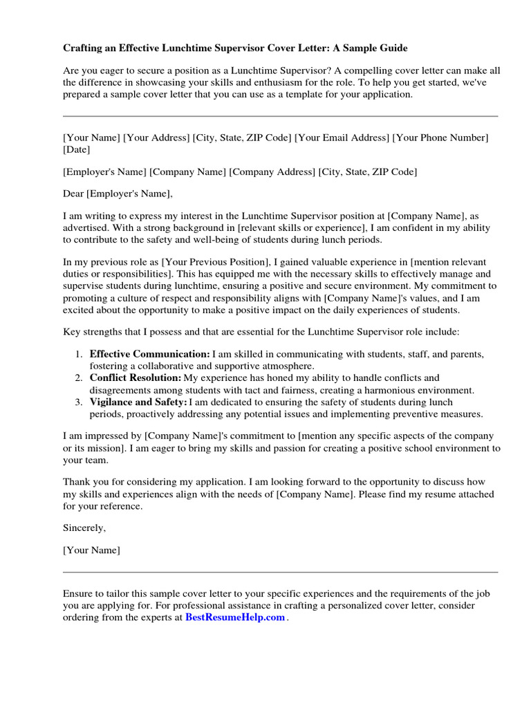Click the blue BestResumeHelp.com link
[235, 617]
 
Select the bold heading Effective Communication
[149, 354]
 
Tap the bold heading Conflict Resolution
[136, 378]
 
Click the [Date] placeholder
[76, 149]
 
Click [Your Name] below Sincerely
[91, 550]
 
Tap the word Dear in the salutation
[73, 194]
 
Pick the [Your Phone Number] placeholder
[440, 138]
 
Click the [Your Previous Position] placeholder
[215, 263]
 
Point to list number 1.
[79, 354]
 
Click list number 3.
[79, 402]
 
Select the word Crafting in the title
[83, 48]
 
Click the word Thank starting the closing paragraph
[77, 482]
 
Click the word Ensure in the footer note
[78, 594]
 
